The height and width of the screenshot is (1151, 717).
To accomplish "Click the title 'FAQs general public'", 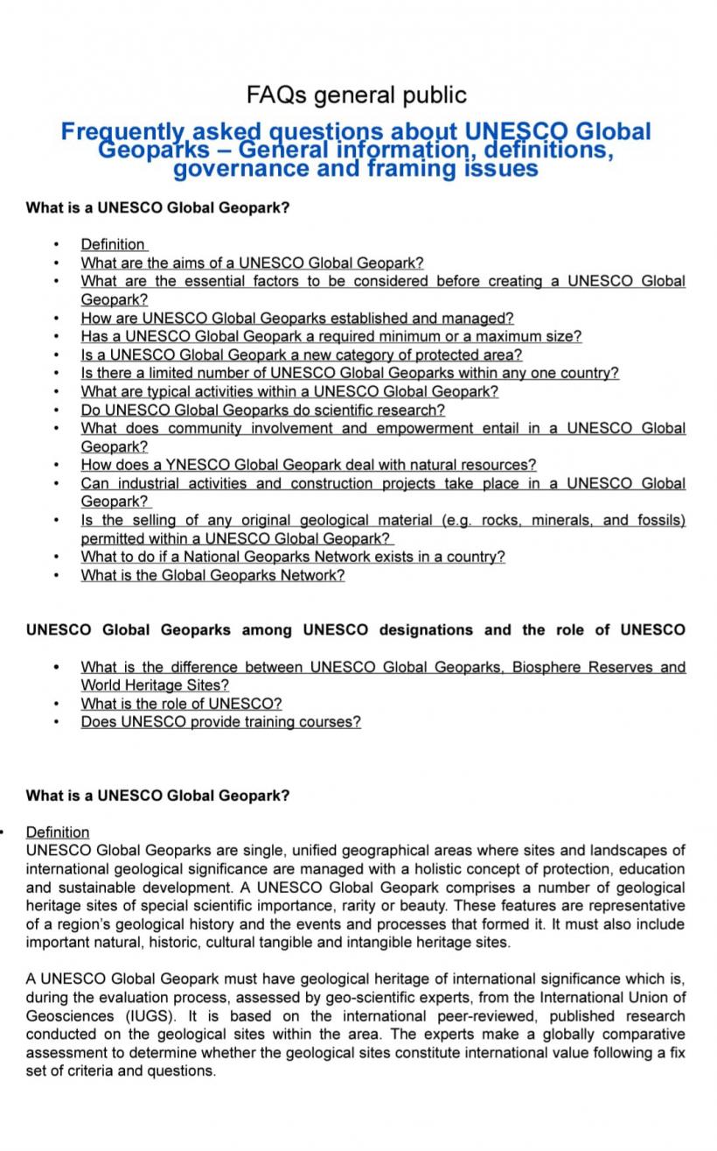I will click(x=357, y=95).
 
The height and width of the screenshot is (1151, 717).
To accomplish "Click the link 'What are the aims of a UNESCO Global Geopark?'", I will click(x=252, y=263).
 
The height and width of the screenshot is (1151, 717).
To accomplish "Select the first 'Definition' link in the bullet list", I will click(x=113, y=244).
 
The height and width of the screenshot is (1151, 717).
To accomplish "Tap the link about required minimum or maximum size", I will click(x=331, y=336).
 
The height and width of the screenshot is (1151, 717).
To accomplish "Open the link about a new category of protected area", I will click(x=301, y=354).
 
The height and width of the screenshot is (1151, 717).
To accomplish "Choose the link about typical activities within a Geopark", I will click(x=289, y=391).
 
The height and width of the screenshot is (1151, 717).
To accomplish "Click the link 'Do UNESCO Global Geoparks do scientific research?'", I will click(x=262, y=410).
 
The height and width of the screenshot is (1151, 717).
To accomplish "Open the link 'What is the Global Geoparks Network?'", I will click(x=212, y=575).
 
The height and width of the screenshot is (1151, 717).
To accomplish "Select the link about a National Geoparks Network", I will click(x=293, y=557).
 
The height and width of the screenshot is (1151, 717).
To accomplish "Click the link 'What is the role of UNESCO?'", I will click(x=181, y=704).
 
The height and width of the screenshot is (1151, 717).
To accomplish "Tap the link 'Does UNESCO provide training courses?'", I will click(x=220, y=722).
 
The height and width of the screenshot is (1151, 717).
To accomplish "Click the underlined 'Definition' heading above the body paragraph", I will click(x=58, y=832).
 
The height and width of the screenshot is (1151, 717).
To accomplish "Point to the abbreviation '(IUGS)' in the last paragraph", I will click(x=147, y=1016).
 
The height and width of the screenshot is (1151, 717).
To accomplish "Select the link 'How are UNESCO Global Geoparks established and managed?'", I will click(x=297, y=318).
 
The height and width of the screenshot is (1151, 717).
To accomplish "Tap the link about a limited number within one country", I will click(x=350, y=373).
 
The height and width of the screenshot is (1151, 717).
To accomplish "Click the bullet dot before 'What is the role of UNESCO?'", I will click(x=57, y=704).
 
